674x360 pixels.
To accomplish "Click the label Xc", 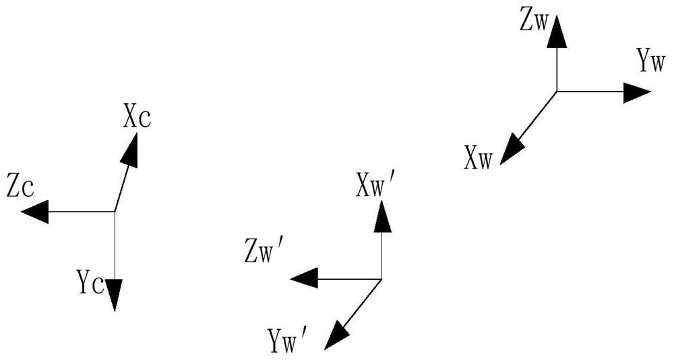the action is click(137, 119).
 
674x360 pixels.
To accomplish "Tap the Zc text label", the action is click(20, 188).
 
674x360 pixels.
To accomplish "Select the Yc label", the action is click(90, 282).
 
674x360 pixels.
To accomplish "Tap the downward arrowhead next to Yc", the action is click(115, 295).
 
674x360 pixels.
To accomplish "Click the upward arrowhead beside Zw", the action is click(557, 32).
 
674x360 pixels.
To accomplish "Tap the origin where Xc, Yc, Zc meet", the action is click(115, 212).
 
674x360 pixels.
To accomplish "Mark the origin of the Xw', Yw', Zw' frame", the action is click(381, 279).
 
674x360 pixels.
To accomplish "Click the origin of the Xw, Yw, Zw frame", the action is click(557, 91).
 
